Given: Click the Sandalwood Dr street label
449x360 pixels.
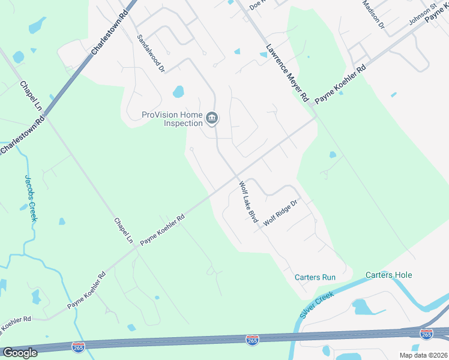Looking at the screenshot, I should tap(150, 53).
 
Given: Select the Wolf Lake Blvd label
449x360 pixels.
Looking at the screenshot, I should tap(249, 202).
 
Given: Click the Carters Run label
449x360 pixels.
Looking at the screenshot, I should tap(315, 277).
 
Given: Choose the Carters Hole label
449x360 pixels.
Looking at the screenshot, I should tap(389, 275).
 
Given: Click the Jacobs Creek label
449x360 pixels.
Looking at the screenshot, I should tap(31, 198).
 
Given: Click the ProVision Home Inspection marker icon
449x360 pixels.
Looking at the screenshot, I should tap(211, 119).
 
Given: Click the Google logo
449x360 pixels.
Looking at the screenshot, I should tap(20, 353).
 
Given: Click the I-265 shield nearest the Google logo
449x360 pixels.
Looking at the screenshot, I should tap(79, 346).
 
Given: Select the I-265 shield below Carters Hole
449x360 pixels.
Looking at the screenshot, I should tap(426, 334).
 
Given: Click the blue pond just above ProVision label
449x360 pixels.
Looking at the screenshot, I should tap(178, 92).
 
